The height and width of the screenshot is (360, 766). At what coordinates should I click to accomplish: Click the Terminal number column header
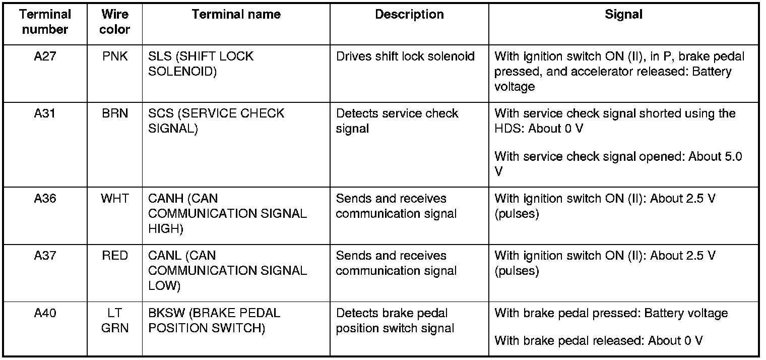pyautogui.click(x=45, y=22)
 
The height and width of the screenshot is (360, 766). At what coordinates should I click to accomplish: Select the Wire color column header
pyautogui.click(x=114, y=22)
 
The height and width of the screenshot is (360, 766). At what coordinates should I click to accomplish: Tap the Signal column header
pyautogui.click(x=623, y=15)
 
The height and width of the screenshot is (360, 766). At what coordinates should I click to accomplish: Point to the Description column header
pyautogui.click(x=409, y=15)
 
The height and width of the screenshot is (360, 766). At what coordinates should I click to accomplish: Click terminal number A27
pyautogui.click(x=45, y=56)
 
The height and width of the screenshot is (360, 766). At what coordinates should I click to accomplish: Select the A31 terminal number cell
pyautogui.click(x=45, y=114)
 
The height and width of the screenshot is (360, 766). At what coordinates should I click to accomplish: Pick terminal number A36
pyautogui.click(x=45, y=199)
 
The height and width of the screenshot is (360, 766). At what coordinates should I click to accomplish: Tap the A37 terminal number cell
pyautogui.click(x=45, y=256)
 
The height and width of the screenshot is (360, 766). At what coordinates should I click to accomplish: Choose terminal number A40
pyautogui.click(x=45, y=314)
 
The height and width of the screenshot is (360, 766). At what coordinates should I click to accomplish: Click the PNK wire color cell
pyautogui.click(x=115, y=56)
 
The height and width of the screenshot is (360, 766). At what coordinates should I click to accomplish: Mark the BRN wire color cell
pyautogui.click(x=115, y=114)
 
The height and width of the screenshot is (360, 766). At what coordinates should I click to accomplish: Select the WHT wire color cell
pyautogui.click(x=115, y=199)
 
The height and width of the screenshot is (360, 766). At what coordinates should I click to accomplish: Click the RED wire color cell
pyautogui.click(x=115, y=256)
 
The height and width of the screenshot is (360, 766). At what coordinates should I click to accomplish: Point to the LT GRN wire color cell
pyautogui.click(x=115, y=321)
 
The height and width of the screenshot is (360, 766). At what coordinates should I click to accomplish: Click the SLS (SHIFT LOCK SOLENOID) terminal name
pyautogui.click(x=201, y=64)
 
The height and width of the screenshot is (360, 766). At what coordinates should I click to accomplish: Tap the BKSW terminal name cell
pyautogui.click(x=214, y=321)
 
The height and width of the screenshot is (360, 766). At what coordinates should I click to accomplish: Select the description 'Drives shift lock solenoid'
pyautogui.click(x=405, y=56)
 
